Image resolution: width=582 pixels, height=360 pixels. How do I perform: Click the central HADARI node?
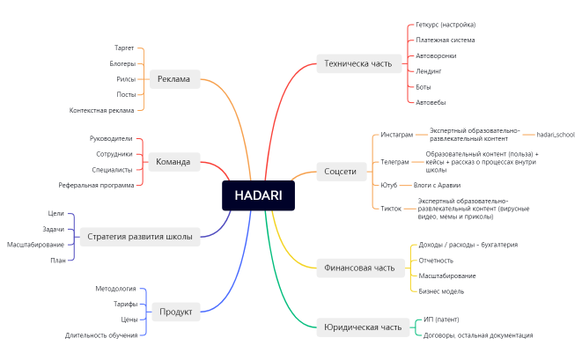click(258, 195)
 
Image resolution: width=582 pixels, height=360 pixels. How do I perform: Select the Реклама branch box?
click(174, 79)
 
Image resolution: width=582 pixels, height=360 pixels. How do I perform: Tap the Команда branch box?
click(173, 162)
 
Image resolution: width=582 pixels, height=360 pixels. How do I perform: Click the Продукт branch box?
click(175, 311)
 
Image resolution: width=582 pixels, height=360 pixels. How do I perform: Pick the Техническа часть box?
click(357, 62)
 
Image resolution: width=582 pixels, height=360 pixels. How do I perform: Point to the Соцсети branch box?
click(340, 171)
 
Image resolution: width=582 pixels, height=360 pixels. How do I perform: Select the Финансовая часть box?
click(361, 268)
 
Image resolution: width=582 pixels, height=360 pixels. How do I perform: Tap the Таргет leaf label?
click(124, 48)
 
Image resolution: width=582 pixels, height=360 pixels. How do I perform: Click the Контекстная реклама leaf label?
click(102, 110)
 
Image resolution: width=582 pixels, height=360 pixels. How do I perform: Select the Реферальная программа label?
click(97, 185)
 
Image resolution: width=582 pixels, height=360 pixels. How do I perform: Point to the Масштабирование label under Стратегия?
click(35, 244)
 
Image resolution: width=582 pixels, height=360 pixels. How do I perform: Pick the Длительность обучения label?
click(100, 334)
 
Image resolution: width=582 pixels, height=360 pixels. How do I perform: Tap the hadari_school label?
click(555, 135)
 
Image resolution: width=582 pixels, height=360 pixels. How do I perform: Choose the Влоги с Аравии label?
click(437, 185)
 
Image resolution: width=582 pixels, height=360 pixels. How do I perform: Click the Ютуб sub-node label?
click(389, 185)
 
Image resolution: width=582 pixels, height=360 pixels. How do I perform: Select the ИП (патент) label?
click(441, 319)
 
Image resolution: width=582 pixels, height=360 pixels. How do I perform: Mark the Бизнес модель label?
click(441, 290)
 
